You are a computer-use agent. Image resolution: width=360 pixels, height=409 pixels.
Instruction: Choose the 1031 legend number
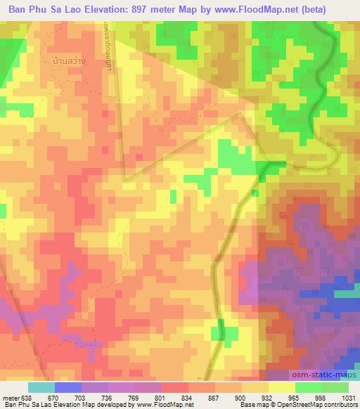[347, 396]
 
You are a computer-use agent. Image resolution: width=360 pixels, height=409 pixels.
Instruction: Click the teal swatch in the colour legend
[41, 387]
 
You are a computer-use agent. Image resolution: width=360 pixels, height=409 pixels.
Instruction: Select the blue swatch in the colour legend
[68, 387]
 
